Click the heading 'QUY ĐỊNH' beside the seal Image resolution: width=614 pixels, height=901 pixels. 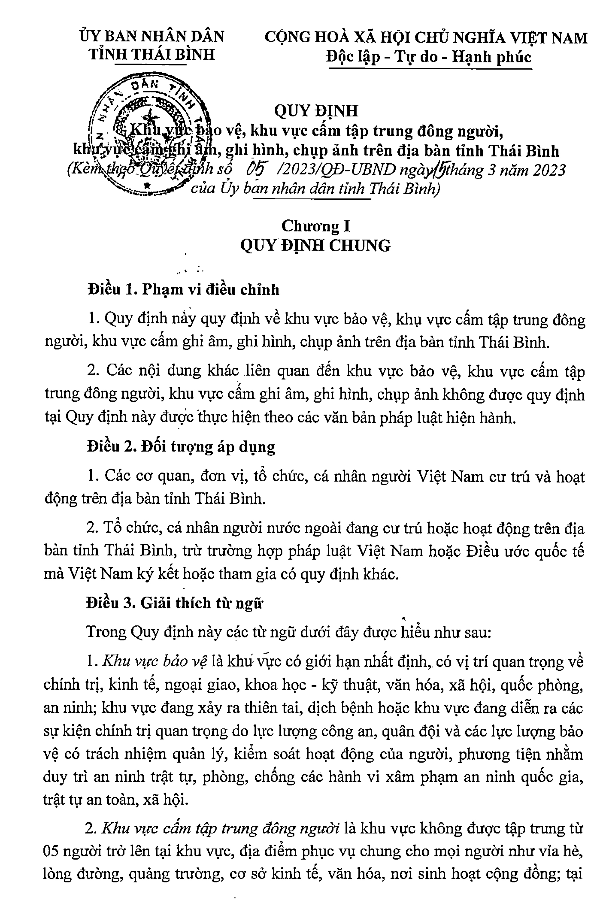click(316, 111)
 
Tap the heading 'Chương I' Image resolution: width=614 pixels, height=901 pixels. click(316, 226)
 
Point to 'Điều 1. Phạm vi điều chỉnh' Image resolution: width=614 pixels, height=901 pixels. click(183, 289)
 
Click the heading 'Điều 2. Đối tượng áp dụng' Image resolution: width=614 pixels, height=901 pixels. click(181, 446)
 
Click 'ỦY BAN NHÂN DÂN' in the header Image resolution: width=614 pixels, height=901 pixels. click(152, 36)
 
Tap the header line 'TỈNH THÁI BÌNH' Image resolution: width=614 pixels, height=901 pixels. click(152, 54)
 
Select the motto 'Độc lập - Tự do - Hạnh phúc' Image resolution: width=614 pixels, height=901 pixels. click(429, 57)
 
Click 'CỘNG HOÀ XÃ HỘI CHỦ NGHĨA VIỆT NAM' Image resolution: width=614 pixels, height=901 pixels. click(426, 37)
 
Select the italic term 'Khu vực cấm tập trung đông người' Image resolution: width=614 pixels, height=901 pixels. click(221, 828)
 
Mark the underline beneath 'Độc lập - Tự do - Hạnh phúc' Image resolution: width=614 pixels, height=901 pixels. click(430, 69)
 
